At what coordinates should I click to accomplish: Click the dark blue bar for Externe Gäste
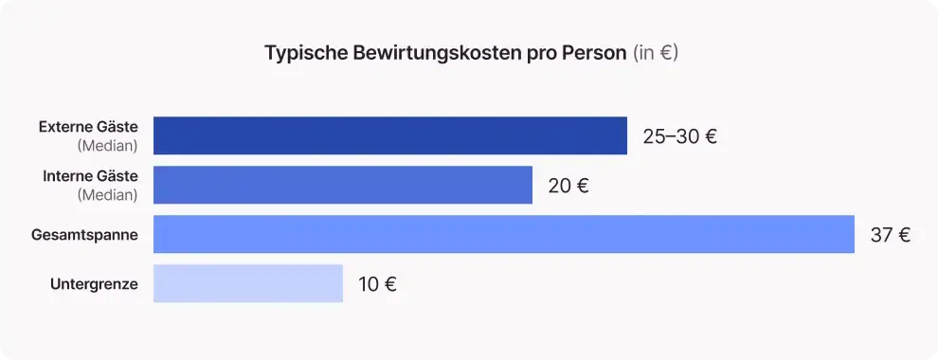tap(389, 135)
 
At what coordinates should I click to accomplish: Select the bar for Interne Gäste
tap(342, 185)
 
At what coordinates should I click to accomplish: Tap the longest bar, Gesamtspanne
tap(503, 234)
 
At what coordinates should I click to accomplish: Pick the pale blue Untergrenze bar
tap(247, 283)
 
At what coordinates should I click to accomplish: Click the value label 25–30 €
tap(679, 136)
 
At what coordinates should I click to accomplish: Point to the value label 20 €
tap(568, 186)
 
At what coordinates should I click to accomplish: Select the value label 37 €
tap(891, 235)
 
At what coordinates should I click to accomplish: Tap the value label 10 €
tap(377, 284)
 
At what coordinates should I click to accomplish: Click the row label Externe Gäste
tap(88, 126)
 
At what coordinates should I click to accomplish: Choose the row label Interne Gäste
tap(90, 176)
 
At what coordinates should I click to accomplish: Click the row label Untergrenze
tap(94, 284)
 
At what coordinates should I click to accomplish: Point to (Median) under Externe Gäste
tap(107, 146)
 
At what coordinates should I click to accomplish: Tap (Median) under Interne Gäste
tap(107, 195)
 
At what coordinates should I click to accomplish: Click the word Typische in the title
tap(300, 53)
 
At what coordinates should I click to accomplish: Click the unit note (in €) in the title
tap(655, 53)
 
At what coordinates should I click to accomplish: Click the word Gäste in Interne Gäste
tap(117, 176)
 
